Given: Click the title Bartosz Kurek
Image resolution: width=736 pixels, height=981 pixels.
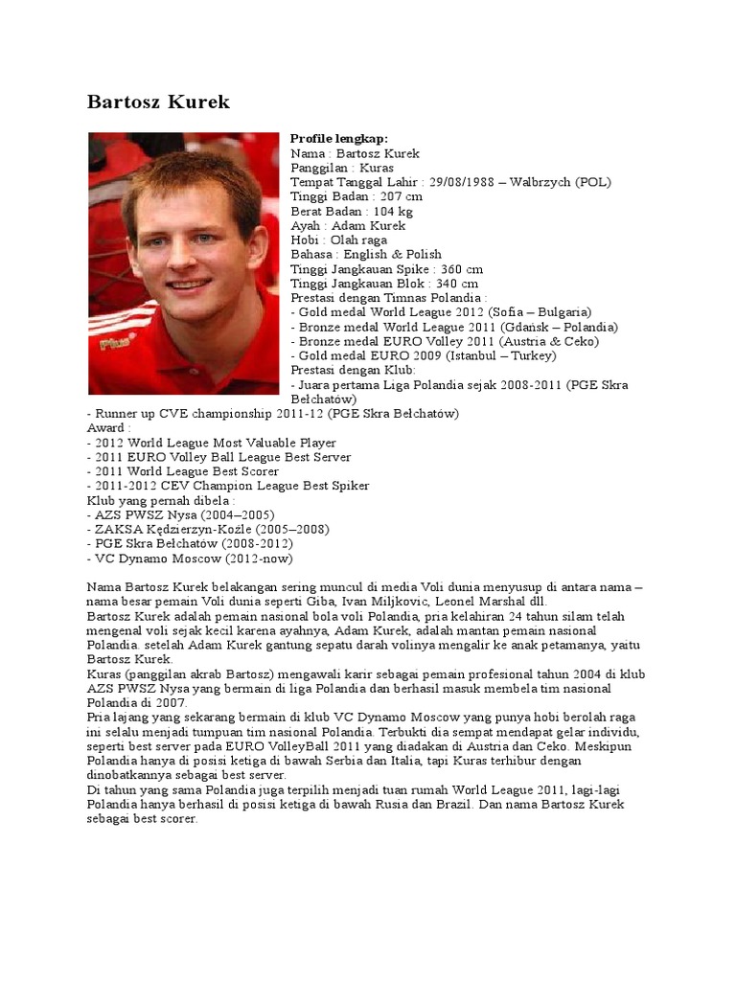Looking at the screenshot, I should click(158, 102).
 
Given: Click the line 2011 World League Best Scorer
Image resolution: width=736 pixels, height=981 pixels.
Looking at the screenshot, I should click(186, 471).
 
